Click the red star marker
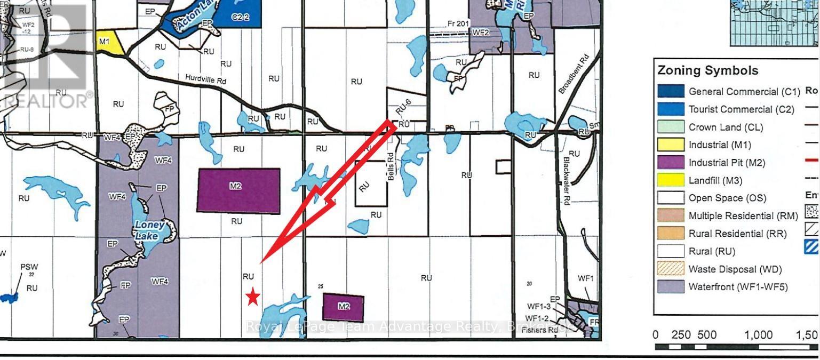(253, 298)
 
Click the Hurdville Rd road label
(206, 79)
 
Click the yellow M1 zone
(105, 42)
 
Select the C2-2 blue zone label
(241, 17)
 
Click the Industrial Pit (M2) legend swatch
(671, 163)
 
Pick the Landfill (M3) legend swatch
(671, 180)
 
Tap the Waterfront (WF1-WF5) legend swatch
(671, 287)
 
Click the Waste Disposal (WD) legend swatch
(671, 269)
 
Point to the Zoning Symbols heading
(701, 71)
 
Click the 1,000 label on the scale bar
(758, 335)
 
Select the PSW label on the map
(29, 267)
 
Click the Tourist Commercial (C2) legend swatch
(671, 109)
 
